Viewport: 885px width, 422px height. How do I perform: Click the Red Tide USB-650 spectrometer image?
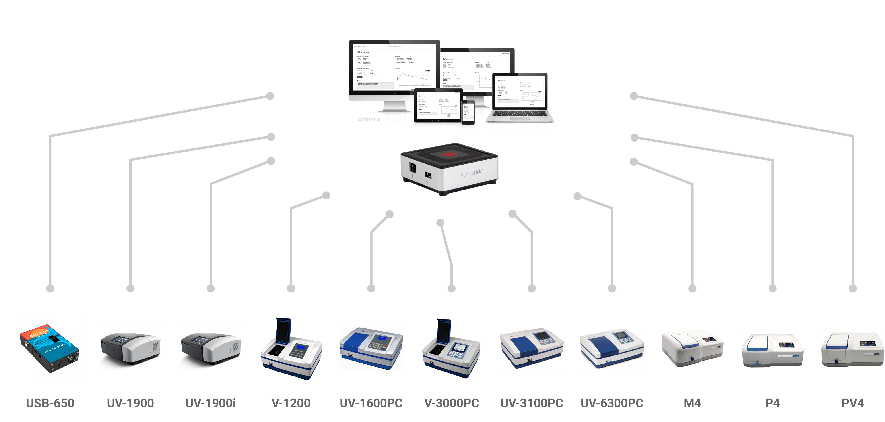tap(50, 348)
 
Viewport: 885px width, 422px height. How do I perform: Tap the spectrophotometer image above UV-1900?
tap(130, 348)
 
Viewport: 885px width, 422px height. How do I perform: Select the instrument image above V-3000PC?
tap(451, 348)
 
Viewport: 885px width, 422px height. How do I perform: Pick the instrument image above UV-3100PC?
tap(532, 348)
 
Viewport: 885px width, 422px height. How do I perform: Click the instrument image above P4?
tap(772, 348)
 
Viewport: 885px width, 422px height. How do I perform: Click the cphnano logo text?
tap(369, 119)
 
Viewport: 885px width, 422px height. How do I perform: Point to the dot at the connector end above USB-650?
tap(50, 288)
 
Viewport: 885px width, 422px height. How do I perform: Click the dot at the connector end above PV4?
tap(853, 288)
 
